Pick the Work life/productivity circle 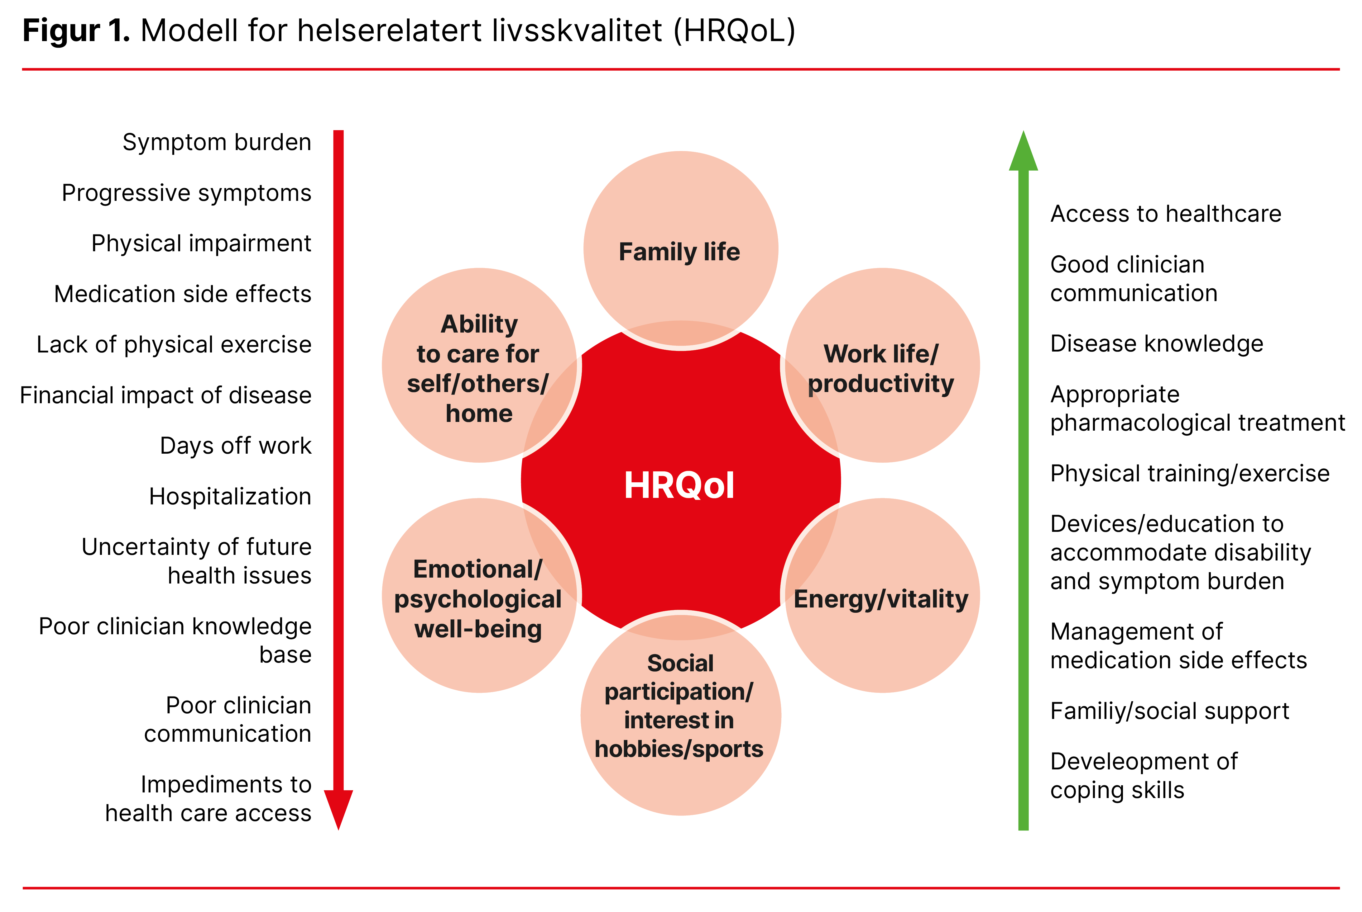[882, 365]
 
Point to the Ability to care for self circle [479, 365]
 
